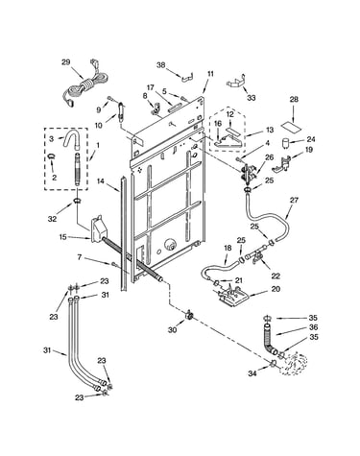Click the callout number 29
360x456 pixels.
click(65, 62)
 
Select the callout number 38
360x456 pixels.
click(161, 65)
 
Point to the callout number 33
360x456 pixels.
click(252, 98)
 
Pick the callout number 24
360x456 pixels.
click(311, 139)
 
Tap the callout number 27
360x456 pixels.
click(294, 200)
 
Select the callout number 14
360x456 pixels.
click(101, 181)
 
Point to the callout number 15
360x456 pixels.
click(63, 237)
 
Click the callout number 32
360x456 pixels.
click(53, 219)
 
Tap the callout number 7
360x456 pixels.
click(80, 256)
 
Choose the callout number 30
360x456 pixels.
click(173, 329)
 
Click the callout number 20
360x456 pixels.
click(276, 289)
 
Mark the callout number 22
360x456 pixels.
click(276, 276)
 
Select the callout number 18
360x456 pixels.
click(228, 248)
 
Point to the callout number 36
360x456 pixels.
click(313, 327)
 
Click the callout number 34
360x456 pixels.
click(252, 373)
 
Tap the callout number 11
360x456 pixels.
click(210, 74)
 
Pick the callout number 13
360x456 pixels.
click(270, 130)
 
